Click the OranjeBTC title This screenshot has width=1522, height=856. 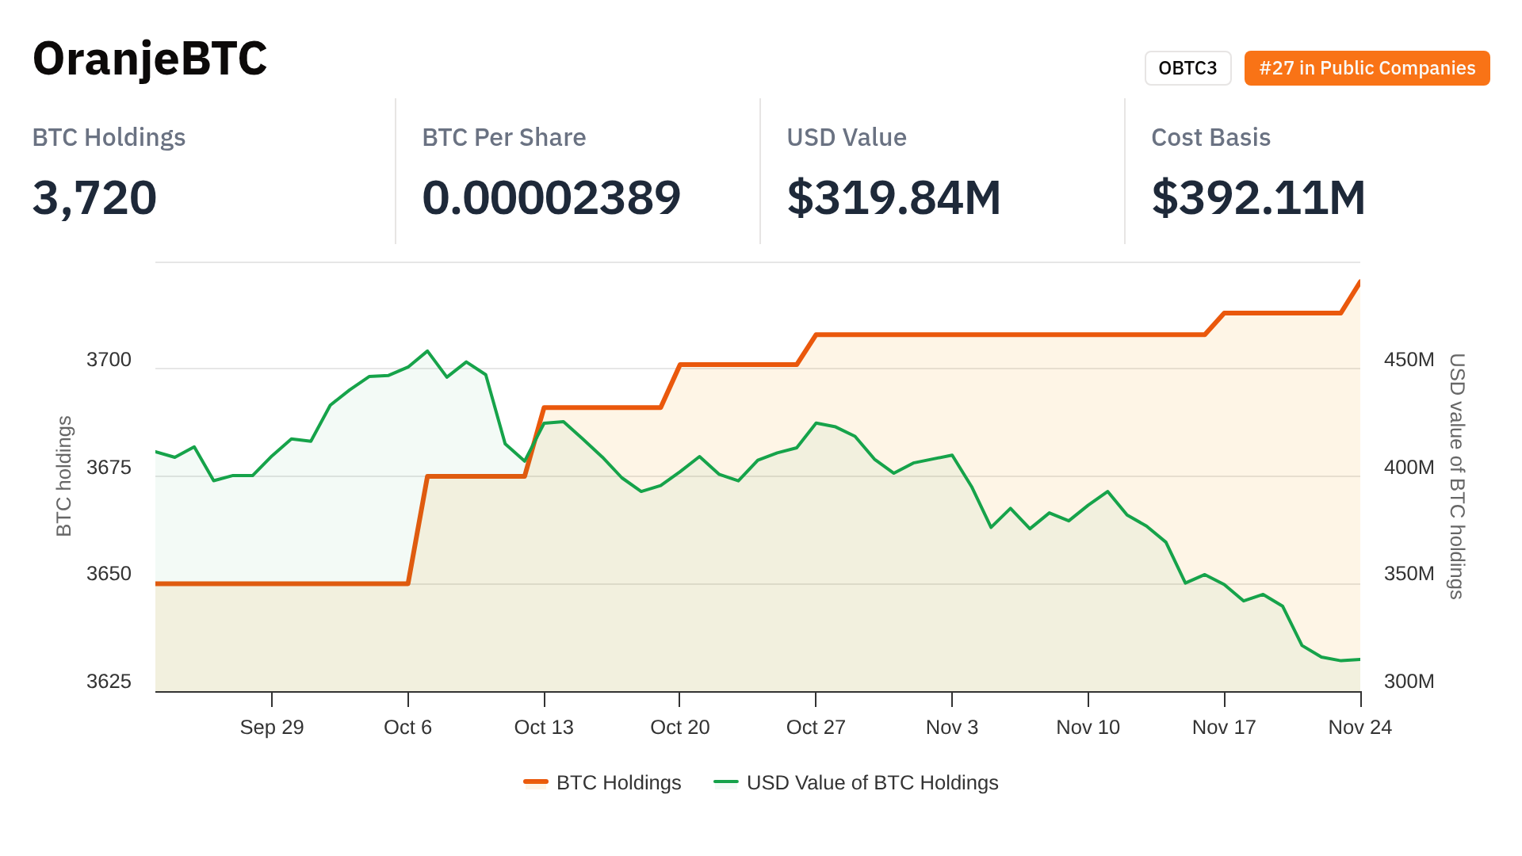[x=150, y=59]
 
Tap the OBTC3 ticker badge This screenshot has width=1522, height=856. [x=1187, y=68]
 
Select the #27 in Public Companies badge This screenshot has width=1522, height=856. [x=1367, y=68]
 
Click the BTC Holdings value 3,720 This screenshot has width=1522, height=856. [x=94, y=197]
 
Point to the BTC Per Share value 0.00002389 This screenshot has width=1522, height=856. [x=551, y=197]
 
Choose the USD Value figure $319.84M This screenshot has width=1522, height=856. [x=893, y=197]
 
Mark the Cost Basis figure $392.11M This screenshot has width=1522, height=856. [x=1258, y=197]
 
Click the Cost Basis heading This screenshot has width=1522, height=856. [x=1210, y=137]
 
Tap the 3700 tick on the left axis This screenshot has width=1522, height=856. [x=109, y=360]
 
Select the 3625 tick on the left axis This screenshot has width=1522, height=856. [x=109, y=682]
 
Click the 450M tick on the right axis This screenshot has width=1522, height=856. [x=1409, y=360]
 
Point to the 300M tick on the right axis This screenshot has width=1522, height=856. [x=1409, y=682]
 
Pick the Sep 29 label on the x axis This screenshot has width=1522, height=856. [x=272, y=728]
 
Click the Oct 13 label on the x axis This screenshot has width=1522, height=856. [x=544, y=728]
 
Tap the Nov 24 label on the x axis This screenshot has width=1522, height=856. [x=1359, y=728]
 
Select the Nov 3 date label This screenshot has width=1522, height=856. [x=952, y=728]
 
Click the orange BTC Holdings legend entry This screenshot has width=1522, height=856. [x=602, y=783]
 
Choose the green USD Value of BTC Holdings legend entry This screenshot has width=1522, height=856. [x=856, y=783]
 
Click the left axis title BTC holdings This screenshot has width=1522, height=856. [x=64, y=476]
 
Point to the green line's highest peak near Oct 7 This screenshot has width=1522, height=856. [x=427, y=350]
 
